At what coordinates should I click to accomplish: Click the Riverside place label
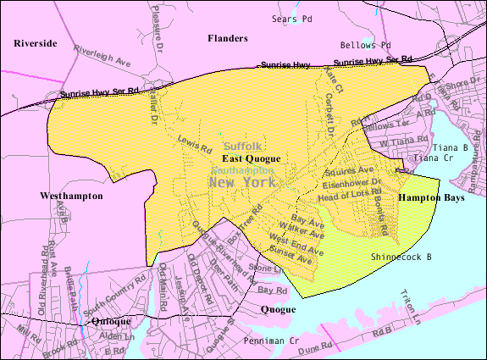click(36, 42)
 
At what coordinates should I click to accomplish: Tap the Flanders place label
click(228, 38)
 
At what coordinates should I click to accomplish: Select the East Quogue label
click(251, 158)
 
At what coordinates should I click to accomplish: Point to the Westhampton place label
click(71, 196)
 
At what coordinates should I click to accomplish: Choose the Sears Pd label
click(291, 18)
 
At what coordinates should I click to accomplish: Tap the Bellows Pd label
click(365, 45)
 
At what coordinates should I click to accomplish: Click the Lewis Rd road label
click(195, 144)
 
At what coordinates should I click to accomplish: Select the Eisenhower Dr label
click(352, 182)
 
